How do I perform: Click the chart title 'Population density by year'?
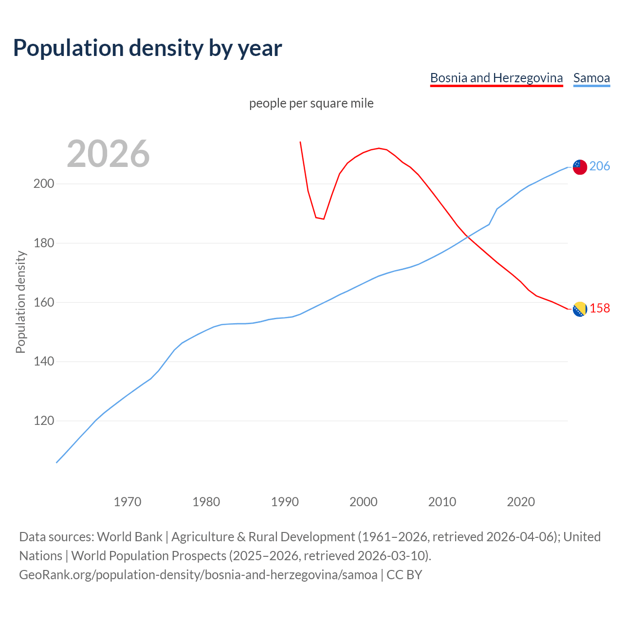[x=147, y=48]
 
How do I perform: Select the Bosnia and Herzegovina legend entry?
[x=496, y=78]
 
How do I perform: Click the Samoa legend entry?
[x=591, y=78]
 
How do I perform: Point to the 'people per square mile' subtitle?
[x=311, y=103]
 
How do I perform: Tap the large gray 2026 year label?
[x=108, y=154]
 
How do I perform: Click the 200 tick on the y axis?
[x=44, y=184]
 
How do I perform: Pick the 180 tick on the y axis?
[x=44, y=243]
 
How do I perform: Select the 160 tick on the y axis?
[x=44, y=302]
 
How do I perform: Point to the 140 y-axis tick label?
[x=44, y=362]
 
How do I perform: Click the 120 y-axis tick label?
[x=44, y=421]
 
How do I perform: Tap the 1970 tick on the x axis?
[x=128, y=501]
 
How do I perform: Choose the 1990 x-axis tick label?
[x=285, y=501]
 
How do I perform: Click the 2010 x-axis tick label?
[x=442, y=501]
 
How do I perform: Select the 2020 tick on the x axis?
[x=521, y=501]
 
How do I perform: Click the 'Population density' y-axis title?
[x=20, y=302]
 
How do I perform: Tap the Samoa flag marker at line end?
[x=580, y=167]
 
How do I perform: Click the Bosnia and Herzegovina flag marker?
[x=580, y=309]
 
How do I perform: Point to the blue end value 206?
[x=600, y=166]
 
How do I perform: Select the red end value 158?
[x=600, y=309]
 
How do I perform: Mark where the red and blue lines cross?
[x=468, y=237]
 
